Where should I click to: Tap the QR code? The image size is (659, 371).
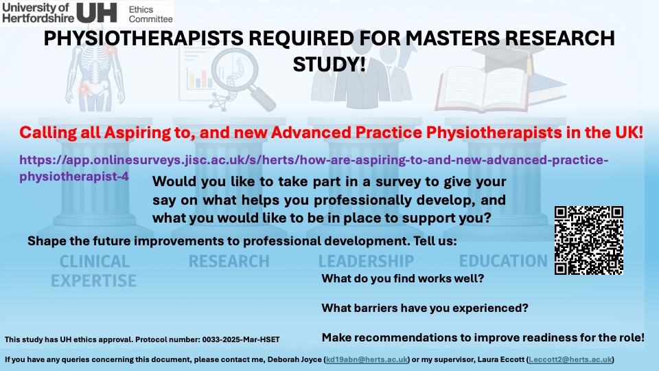click(588, 240)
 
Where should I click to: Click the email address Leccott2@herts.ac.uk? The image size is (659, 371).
click(569, 360)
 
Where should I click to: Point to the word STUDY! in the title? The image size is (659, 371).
click(329, 64)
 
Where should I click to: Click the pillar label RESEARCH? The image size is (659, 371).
click(229, 262)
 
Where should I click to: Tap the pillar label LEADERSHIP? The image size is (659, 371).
click(366, 262)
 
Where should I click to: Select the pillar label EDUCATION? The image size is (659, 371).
click(503, 261)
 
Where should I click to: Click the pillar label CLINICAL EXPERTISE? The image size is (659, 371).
click(94, 271)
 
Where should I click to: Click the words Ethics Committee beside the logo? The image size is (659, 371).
click(150, 14)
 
